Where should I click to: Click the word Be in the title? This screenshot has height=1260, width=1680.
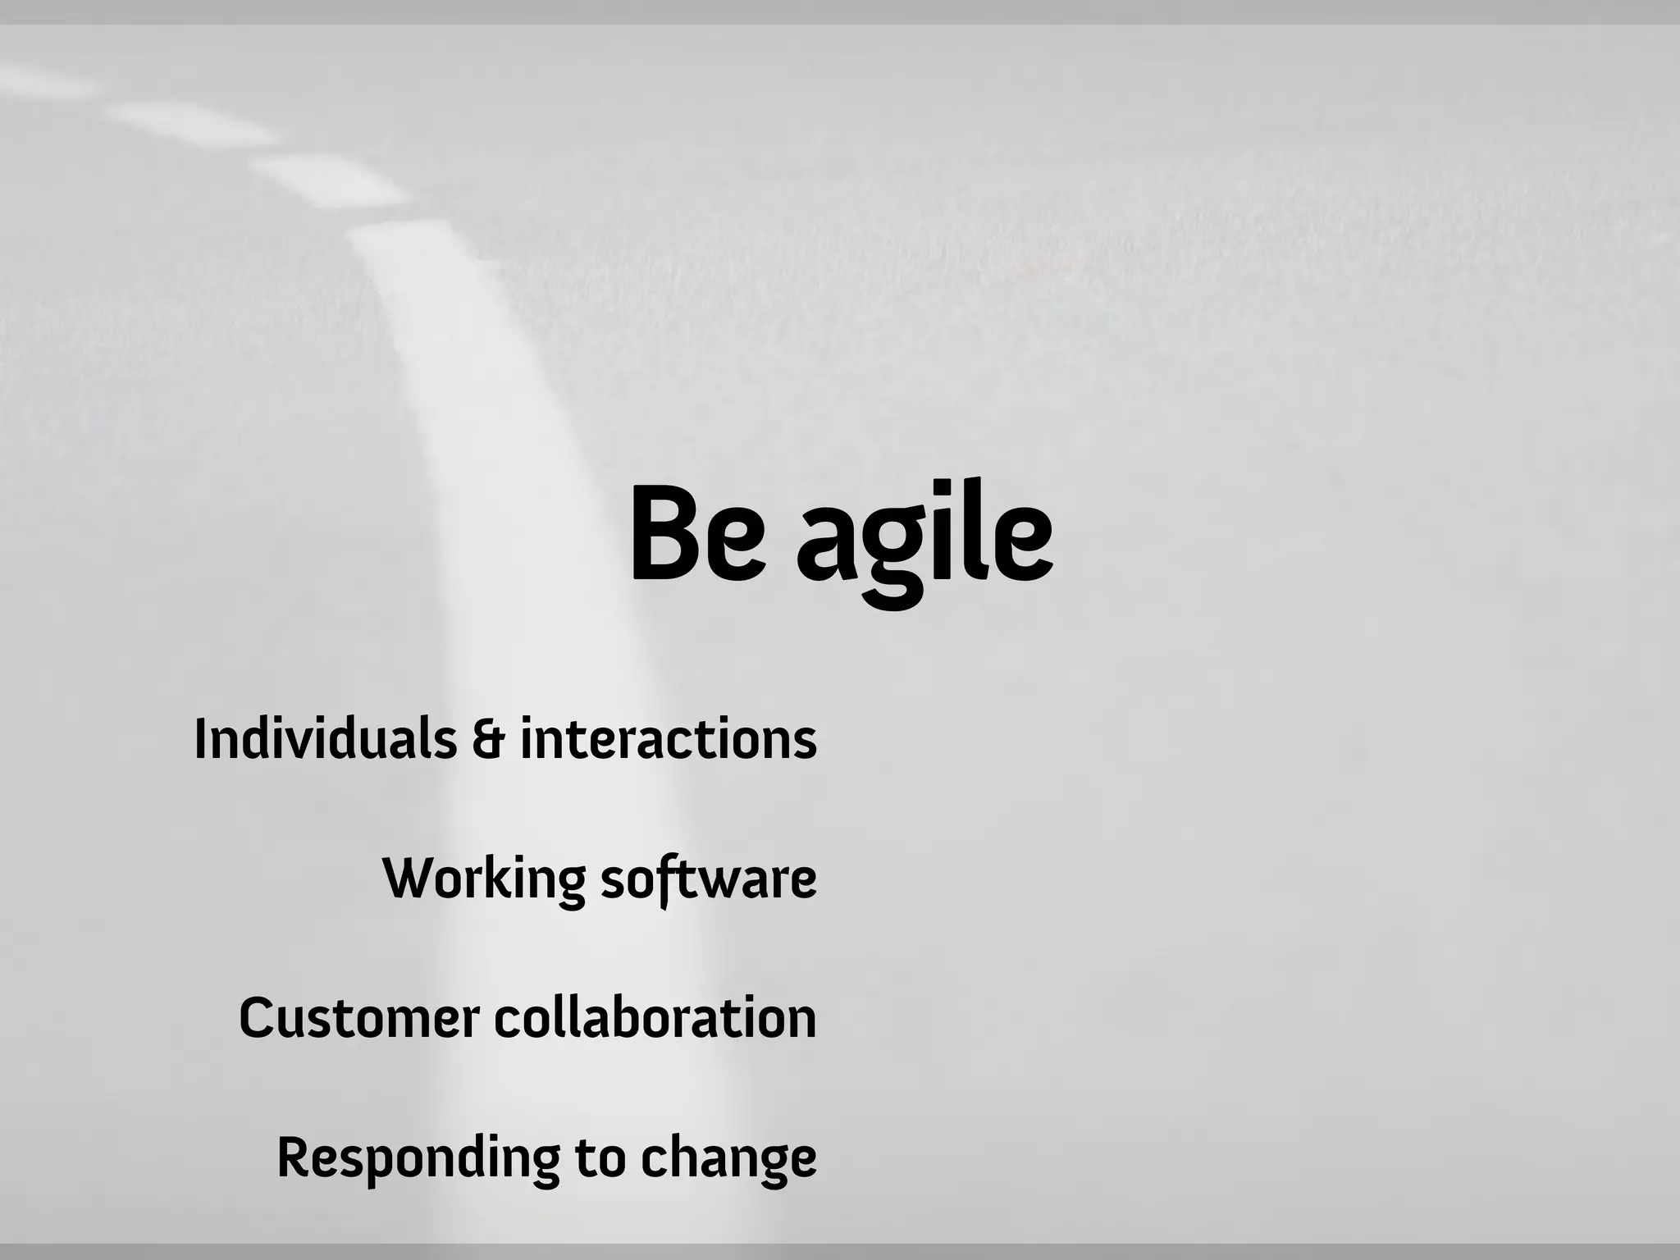tap(697, 535)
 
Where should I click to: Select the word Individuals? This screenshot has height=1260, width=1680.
tap(325, 738)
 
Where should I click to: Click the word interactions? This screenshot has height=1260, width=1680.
tap(669, 738)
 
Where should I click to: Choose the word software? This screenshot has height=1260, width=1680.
tap(709, 879)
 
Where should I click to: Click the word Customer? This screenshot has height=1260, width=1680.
tap(358, 1018)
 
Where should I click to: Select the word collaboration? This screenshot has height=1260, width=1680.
tap(655, 1018)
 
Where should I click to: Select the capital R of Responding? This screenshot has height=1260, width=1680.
tap(295, 1157)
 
